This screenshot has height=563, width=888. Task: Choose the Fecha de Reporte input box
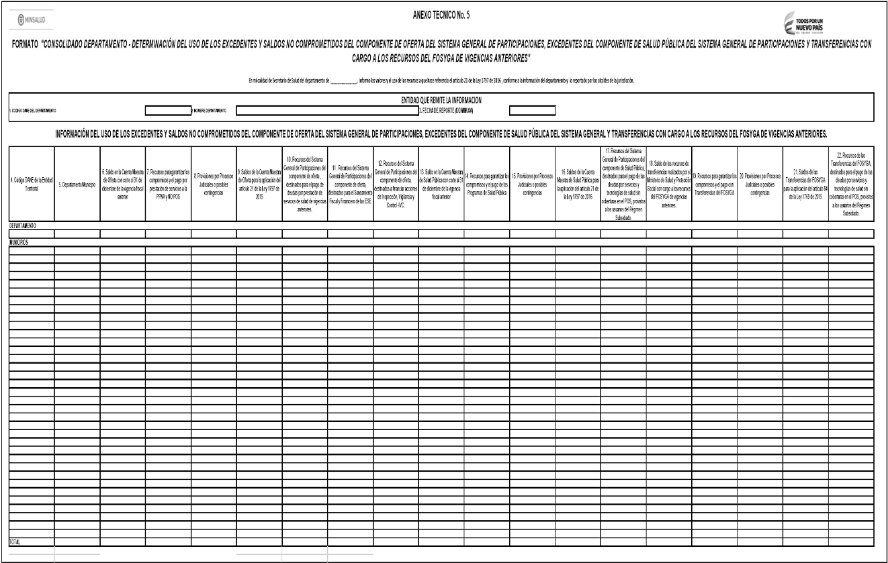pos(532,110)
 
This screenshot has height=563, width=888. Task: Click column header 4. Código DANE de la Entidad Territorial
pos(31,183)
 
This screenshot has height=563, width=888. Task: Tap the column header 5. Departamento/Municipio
pos(77,183)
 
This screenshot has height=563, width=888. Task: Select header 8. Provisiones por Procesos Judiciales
pos(213,183)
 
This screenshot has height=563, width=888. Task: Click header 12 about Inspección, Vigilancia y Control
pos(395,183)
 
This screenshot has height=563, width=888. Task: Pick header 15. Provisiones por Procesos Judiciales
pos(532,183)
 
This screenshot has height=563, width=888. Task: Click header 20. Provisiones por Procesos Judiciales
pos(760,183)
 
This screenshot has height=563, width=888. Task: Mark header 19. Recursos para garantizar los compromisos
pos(714,183)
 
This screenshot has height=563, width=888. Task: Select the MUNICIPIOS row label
pos(18,242)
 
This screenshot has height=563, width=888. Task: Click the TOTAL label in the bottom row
pos(14,540)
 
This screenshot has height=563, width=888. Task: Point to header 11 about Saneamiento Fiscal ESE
pos(350,183)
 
